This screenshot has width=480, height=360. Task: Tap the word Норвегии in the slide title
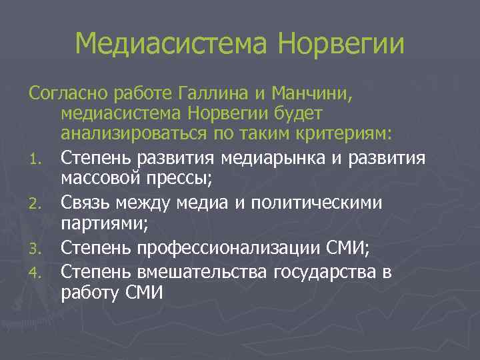pyautogui.click(x=341, y=44)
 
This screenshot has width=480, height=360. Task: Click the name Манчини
pyautogui.click(x=313, y=93)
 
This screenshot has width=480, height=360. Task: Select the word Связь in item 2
pyautogui.click(x=85, y=201)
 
